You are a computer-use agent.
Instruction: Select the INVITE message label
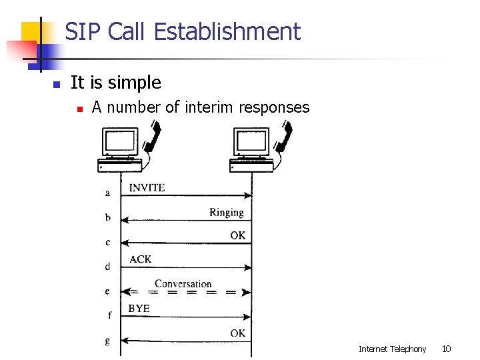pos(147,187)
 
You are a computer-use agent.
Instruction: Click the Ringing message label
pos(227,212)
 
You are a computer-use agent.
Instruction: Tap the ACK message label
pos(140,259)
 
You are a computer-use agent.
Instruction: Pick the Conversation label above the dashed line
pos(183,283)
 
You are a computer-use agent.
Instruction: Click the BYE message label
pos(139,308)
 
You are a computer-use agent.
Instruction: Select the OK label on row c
pos(237,235)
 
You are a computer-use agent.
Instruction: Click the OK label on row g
pos(237,333)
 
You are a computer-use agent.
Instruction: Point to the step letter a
pos(107,193)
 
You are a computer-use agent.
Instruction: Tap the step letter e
pos(107,291)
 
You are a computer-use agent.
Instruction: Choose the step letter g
pos(107,341)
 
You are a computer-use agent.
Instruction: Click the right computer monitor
pos(251,142)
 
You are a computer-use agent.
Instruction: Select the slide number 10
pos(447,349)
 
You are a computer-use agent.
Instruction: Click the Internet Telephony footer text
pos(392,349)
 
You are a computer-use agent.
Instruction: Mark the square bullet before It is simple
pos(57,85)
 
